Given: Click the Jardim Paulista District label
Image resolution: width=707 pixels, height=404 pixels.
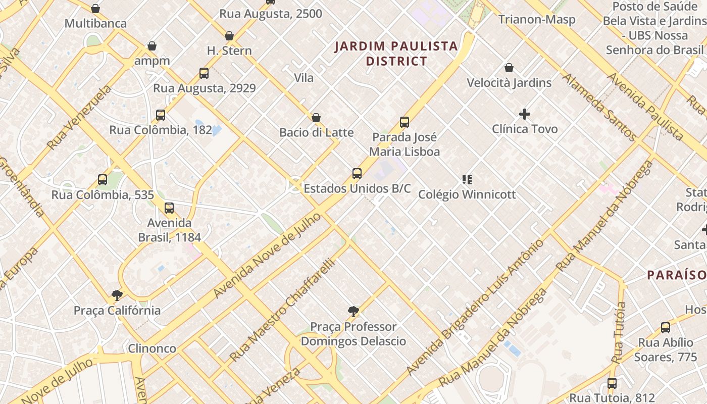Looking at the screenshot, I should pyautogui.click(x=396, y=54).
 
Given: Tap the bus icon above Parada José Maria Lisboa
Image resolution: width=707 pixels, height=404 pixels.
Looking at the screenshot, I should pyautogui.click(x=404, y=122).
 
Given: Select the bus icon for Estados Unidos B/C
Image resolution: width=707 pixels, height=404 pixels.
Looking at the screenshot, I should pyautogui.click(x=357, y=174).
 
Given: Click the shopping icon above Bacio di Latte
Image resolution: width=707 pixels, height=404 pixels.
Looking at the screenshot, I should pyautogui.click(x=316, y=118).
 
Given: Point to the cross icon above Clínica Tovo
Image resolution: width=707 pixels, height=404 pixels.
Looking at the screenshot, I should pyautogui.click(x=525, y=114).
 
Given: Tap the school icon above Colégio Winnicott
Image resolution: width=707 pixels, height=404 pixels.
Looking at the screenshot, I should pyautogui.click(x=467, y=179).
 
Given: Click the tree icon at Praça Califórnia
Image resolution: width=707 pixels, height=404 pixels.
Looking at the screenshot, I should pyautogui.click(x=117, y=295).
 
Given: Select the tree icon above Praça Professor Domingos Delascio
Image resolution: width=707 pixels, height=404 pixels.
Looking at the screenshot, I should pyautogui.click(x=353, y=311).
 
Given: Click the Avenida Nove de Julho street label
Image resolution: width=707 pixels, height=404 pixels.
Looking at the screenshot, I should pyautogui.click(x=267, y=256).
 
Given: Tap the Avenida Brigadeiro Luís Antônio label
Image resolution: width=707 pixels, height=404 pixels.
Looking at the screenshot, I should pyautogui.click(x=475, y=308).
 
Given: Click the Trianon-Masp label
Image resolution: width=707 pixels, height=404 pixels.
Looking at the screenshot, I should pyautogui.click(x=537, y=20).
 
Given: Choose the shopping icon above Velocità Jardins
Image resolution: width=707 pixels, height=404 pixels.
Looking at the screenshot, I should pyautogui.click(x=509, y=68).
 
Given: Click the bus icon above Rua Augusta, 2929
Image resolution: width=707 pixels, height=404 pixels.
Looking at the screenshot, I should pyautogui.click(x=204, y=73).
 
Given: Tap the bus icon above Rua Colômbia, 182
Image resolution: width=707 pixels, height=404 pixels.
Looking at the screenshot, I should pyautogui.click(x=161, y=115).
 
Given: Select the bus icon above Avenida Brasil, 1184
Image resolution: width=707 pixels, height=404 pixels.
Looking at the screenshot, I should pyautogui.click(x=169, y=208).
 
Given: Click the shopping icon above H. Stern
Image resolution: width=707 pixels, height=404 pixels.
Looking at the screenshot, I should pyautogui.click(x=229, y=36).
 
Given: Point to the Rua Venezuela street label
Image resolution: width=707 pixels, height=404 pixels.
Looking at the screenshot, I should pyautogui.click(x=79, y=118).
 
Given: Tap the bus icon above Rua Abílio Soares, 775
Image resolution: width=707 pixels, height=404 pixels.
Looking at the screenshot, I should pyautogui.click(x=666, y=328).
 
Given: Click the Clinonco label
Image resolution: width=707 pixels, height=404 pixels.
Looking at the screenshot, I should pyautogui.click(x=152, y=348).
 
